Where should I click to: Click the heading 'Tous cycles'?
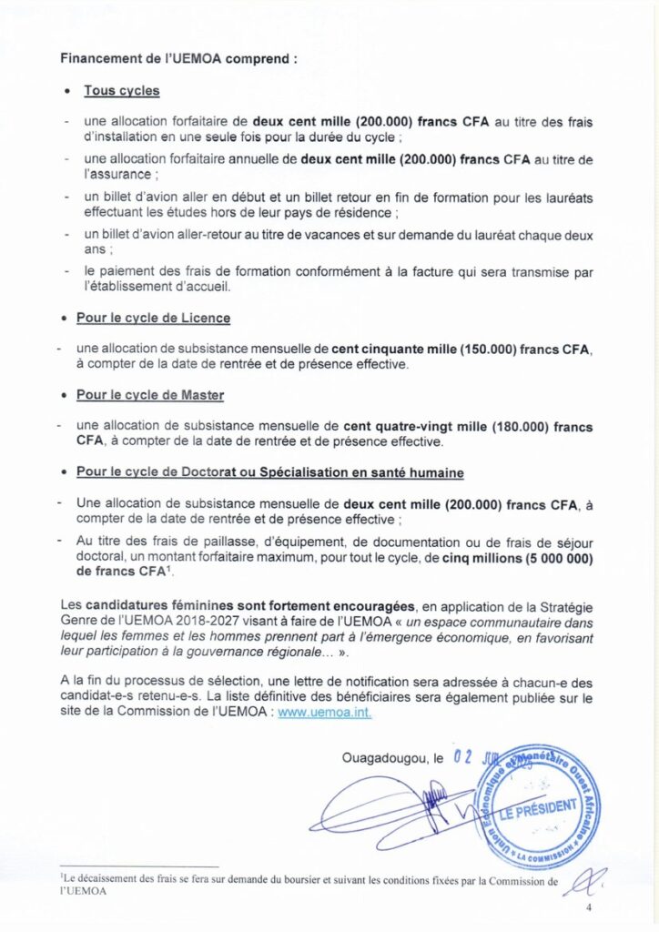point(121,91)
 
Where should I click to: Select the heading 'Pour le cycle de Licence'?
point(153,319)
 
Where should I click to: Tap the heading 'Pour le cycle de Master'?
point(150,396)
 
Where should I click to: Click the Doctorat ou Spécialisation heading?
point(270,473)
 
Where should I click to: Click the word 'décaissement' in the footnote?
point(104,881)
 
